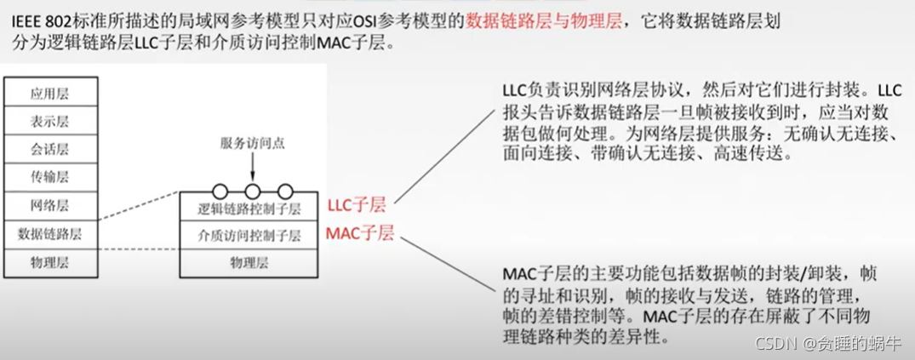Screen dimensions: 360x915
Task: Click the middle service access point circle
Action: tap(252, 191)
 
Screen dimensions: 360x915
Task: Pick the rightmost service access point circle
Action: tap(285, 191)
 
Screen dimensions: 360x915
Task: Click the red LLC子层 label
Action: tap(356, 204)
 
